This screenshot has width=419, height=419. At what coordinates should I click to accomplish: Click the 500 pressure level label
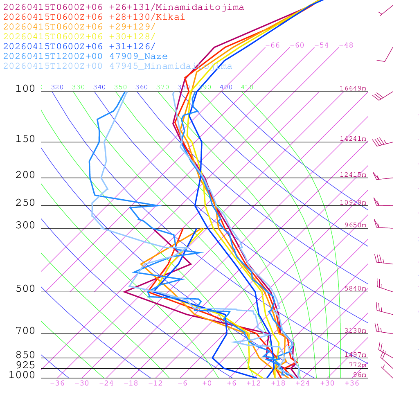point(25,289)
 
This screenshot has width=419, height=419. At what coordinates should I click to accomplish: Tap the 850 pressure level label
point(25,355)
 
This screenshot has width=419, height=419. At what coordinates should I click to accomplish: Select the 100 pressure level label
point(25,88)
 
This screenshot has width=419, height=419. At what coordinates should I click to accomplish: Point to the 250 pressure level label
point(25,203)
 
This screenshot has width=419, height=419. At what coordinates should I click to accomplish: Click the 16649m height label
point(353,88)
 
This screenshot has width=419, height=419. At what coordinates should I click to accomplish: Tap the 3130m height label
point(355,331)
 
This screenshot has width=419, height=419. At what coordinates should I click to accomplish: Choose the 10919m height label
point(353,203)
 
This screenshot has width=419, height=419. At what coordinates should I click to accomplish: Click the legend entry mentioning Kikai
point(94,17)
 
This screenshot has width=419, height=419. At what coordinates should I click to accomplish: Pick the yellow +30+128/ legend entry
point(79,37)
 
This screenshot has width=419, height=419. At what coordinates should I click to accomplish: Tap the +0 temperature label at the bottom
point(207,383)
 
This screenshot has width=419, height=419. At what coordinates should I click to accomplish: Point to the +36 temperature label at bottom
point(352,383)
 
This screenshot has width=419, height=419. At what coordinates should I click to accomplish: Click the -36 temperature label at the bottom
point(57,383)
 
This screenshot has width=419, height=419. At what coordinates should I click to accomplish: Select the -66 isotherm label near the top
point(273,45)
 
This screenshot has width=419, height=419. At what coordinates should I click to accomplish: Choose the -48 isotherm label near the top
point(346,45)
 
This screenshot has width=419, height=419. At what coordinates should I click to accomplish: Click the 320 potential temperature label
point(57,87)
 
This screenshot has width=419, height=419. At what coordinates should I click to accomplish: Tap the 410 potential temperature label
point(247,87)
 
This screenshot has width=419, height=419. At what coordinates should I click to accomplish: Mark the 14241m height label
point(353,139)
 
